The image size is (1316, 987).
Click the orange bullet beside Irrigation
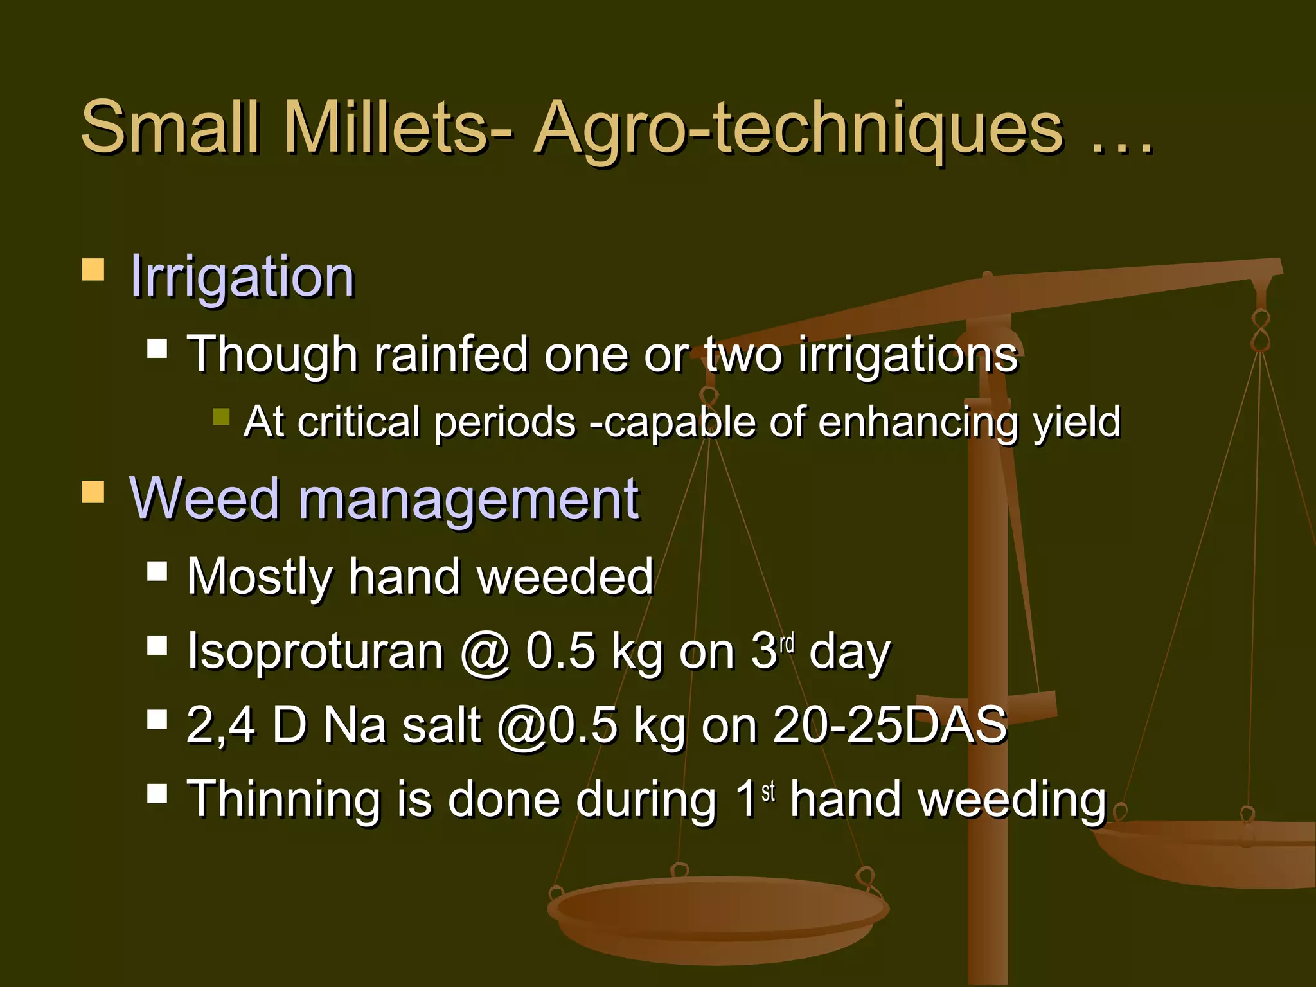click(x=93, y=270)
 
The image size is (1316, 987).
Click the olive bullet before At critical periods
click(x=221, y=416)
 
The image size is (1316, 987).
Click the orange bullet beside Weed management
click(x=93, y=492)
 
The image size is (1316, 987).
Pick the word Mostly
click(x=260, y=577)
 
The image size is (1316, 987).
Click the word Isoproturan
click(x=315, y=651)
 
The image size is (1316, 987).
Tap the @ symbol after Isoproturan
click(x=485, y=652)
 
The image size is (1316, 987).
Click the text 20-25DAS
click(x=889, y=725)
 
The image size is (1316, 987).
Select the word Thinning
click(x=283, y=799)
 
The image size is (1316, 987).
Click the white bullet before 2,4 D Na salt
click(x=157, y=720)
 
